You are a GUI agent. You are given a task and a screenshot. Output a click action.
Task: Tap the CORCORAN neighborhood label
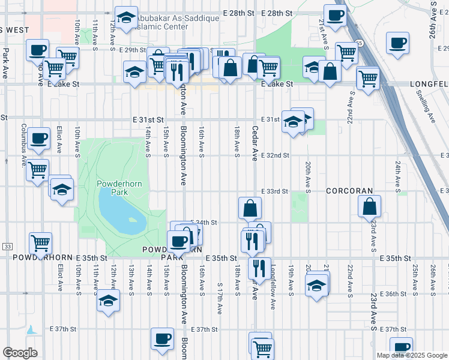(x=350, y=191)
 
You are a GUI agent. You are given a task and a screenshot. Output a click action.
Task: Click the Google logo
(x=20, y=353)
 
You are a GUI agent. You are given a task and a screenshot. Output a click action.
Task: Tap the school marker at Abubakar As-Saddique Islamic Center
(x=126, y=19)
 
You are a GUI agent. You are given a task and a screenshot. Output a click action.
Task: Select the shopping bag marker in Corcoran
(x=369, y=206)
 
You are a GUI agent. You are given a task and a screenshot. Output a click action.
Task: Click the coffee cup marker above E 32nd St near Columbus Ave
(x=39, y=137)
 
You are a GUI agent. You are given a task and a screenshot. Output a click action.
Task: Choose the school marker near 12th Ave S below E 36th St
(x=108, y=299)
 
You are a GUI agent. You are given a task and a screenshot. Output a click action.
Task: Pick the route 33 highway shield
(x=7, y=247)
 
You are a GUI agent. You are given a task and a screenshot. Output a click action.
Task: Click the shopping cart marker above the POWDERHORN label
(x=40, y=242)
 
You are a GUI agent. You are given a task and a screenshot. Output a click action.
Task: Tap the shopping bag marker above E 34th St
(x=249, y=208)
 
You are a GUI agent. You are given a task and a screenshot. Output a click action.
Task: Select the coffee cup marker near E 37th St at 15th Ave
(x=162, y=338)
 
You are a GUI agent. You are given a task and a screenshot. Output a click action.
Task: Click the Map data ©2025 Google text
(x=412, y=355)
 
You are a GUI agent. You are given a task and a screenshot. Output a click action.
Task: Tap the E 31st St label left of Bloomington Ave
(x=148, y=120)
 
